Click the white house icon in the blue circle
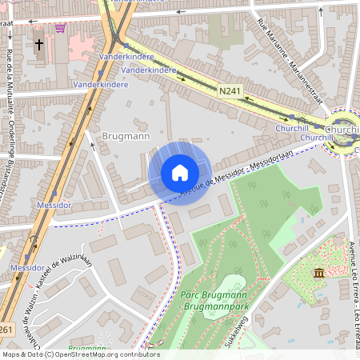180,173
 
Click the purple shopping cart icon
60,27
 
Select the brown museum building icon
319,274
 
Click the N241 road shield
231,93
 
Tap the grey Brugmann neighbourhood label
126,137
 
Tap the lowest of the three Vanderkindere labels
100,84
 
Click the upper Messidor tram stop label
54,206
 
